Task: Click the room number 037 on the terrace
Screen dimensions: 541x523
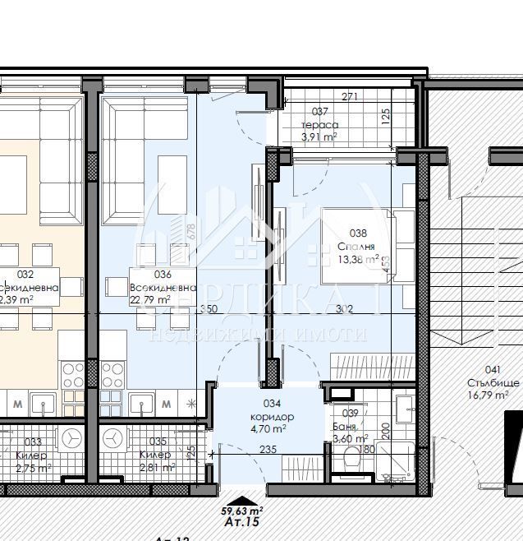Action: pyautogui.click(x=319, y=112)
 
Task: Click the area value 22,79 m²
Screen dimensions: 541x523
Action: pyautogui.click(x=149, y=300)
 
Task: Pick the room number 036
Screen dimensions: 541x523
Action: pyautogui.click(x=162, y=275)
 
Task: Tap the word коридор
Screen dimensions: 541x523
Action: pyautogui.click(x=273, y=416)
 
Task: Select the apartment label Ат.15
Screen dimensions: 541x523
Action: pyautogui.click(x=241, y=521)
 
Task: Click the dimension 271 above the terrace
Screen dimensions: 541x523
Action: pyautogui.click(x=350, y=97)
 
